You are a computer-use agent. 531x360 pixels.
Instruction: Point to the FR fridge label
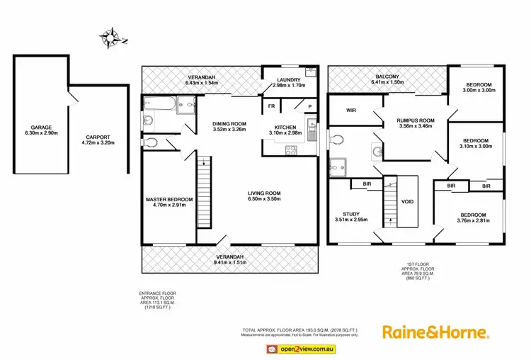(x=270, y=106)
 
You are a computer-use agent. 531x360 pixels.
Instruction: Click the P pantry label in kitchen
(x=309, y=106)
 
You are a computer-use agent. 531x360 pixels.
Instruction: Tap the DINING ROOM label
(x=229, y=125)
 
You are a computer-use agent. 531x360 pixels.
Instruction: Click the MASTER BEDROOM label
(x=169, y=199)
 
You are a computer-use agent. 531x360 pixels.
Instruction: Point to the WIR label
(x=350, y=111)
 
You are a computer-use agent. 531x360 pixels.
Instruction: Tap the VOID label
(x=407, y=201)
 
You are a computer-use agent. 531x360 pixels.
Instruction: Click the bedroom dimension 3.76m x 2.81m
(x=473, y=221)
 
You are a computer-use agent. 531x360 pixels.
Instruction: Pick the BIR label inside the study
(x=367, y=184)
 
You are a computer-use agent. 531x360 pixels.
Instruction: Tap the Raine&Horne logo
(x=435, y=332)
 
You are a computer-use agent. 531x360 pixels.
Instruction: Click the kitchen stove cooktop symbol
(x=289, y=150)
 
